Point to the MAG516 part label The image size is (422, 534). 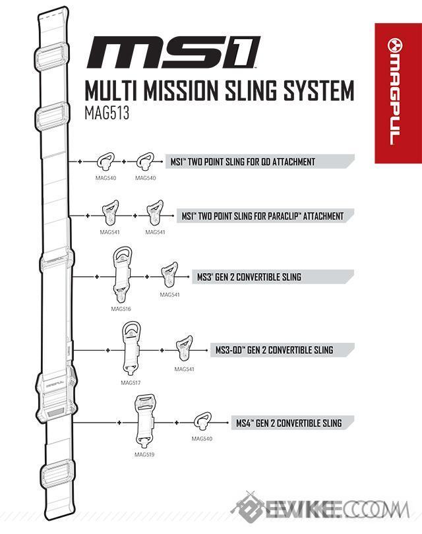(121, 308)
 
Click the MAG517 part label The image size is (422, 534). (131, 382)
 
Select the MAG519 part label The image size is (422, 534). (144, 454)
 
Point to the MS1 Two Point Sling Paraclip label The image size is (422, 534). (262, 216)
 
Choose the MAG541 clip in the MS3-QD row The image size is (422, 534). (184, 349)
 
